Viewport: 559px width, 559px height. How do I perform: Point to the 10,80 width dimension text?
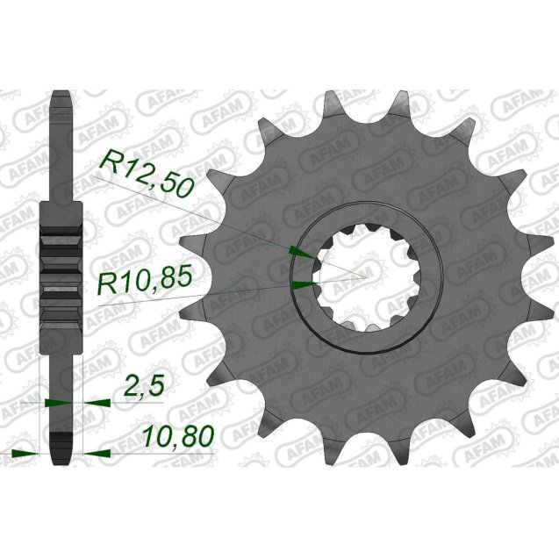(x=176, y=437)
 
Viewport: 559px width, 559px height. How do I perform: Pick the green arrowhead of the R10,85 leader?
(x=304, y=284)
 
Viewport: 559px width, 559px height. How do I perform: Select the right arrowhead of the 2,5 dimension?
(x=96, y=403)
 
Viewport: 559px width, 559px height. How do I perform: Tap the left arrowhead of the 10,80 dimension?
(x=31, y=454)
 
